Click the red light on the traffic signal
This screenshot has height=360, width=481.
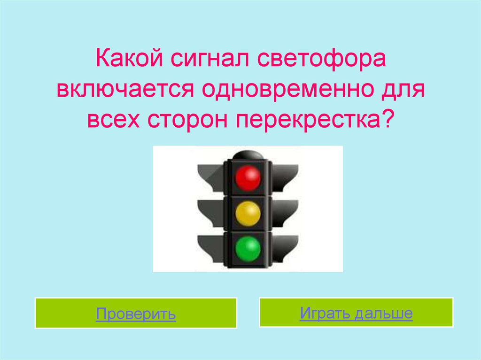click(248, 177)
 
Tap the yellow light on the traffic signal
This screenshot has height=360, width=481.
click(248, 214)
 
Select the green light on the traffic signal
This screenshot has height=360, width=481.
click(248, 249)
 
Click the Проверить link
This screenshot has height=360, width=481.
click(136, 314)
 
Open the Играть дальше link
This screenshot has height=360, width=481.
click(356, 313)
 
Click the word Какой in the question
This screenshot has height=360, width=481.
click(129, 58)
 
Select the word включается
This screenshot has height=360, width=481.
click(125, 90)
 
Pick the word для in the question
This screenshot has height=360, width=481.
click(403, 91)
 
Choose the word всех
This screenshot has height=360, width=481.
click(114, 120)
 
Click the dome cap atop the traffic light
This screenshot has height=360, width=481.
click(248, 155)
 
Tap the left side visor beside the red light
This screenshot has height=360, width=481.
click(211, 177)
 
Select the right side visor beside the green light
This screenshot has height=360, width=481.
click(285, 248)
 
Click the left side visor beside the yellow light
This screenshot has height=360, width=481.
click(211, 213)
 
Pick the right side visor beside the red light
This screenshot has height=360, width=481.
click(285, 177)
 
